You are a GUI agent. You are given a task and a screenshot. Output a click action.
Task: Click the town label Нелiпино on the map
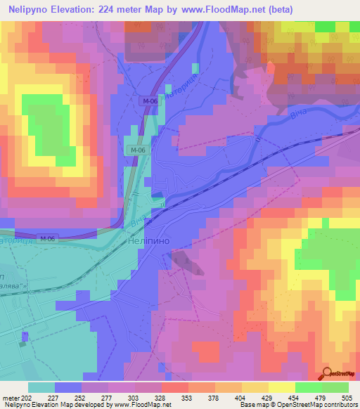pos(146,240)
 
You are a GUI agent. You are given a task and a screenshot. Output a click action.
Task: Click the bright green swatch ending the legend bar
pos(335,387)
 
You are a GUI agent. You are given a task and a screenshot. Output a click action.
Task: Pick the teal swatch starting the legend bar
pos(41,387)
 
